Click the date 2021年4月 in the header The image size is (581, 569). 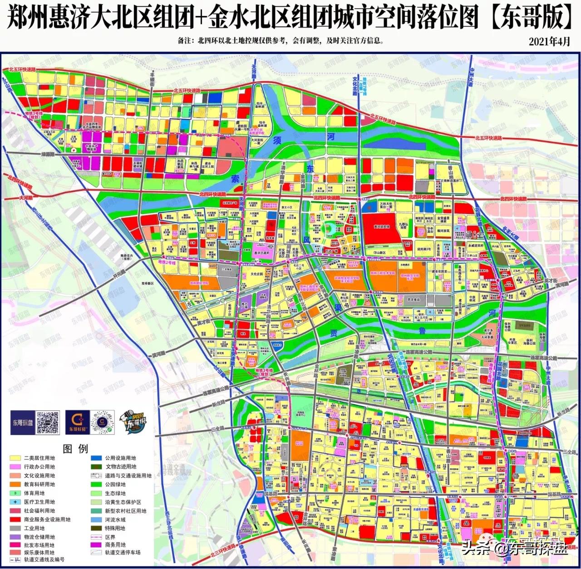click(x=549, y=41)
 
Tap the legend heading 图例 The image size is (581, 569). click(x=75, y=449)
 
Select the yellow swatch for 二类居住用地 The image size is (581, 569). click(x=15, y=458)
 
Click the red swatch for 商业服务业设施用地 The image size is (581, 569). click(x=15, y=519)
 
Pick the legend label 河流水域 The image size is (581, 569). click(x=115, y=520)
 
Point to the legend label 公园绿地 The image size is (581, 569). click(x=115, y=484)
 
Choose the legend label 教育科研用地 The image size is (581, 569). click(x=39, y=484)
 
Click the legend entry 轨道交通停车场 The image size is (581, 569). click(x=123, y=552)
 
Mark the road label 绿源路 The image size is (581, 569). click(x=47, y=154)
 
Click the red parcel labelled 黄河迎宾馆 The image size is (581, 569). click(x=381, y=226)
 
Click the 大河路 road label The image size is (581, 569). click(x=26, y=198)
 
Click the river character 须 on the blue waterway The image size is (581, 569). click(x=276, y=141)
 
